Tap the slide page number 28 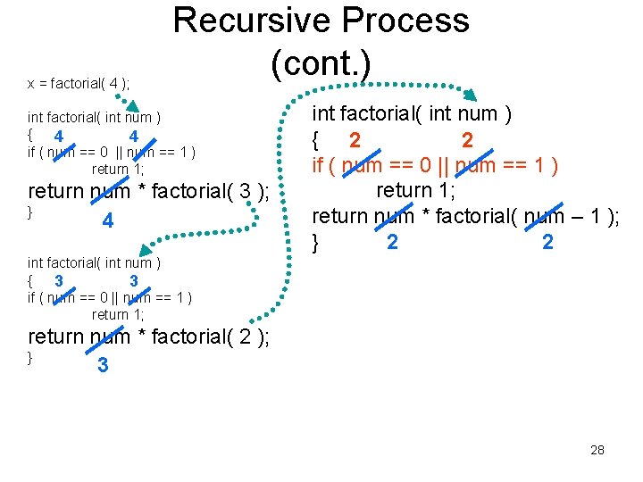point(597,450)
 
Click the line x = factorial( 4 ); point(79,84)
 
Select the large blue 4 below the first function point(107,220)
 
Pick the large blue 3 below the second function point(103,365)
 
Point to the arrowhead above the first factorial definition point(131,106)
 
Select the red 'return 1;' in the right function point(415,190)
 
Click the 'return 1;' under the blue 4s point(118,169)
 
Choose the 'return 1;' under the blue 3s point(118,314)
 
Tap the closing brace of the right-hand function point(315,242)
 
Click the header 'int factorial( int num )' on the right point(412,114)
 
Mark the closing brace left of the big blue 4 point(31,212)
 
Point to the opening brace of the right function point(315,140)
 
